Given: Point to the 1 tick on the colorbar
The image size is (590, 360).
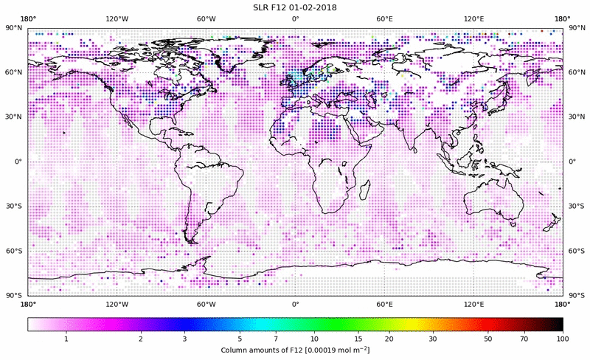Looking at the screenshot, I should tap(66, 339).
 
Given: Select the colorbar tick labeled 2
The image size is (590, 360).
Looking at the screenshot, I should tap(140, 339).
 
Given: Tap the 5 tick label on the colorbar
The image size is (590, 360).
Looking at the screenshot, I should tap(240, 339).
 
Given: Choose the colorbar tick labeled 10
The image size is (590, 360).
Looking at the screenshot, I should tap(314, 339).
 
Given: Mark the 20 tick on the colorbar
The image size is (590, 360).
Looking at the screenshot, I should tap(388, 339).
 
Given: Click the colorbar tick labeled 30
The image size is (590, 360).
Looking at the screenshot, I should tap(433, 339).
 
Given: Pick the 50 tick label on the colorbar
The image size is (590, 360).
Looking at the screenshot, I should tap(488, 339).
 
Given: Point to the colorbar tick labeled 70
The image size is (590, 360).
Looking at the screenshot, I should tap(524, 339).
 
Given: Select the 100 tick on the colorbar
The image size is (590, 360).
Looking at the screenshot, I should tap(563, 339).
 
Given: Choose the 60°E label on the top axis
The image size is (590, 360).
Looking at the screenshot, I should tap(384, 18).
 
